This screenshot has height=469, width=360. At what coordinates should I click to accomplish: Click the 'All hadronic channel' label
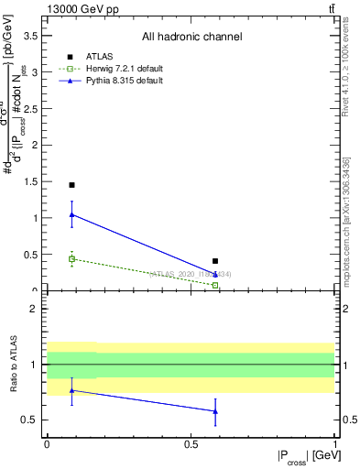point(191,38)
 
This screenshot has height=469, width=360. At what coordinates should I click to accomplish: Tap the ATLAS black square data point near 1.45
point(71,185)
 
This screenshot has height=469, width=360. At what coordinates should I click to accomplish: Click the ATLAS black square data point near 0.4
point(215,261)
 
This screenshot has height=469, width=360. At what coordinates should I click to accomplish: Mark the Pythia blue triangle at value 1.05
point(71,214)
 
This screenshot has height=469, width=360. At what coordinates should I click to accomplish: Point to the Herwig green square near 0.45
point(71,259)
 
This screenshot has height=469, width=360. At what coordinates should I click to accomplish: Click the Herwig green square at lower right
point(215,286)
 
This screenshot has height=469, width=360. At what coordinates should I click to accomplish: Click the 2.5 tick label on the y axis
point(30,109)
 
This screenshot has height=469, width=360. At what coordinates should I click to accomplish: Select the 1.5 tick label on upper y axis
point(30,181)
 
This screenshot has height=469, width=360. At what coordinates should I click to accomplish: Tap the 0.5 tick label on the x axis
point(190,442)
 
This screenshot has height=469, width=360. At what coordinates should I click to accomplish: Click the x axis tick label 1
point(333,442)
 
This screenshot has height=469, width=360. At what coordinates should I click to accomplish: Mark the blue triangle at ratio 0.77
point(71,390)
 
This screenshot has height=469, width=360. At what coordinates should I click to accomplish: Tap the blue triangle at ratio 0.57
point(215,411)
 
